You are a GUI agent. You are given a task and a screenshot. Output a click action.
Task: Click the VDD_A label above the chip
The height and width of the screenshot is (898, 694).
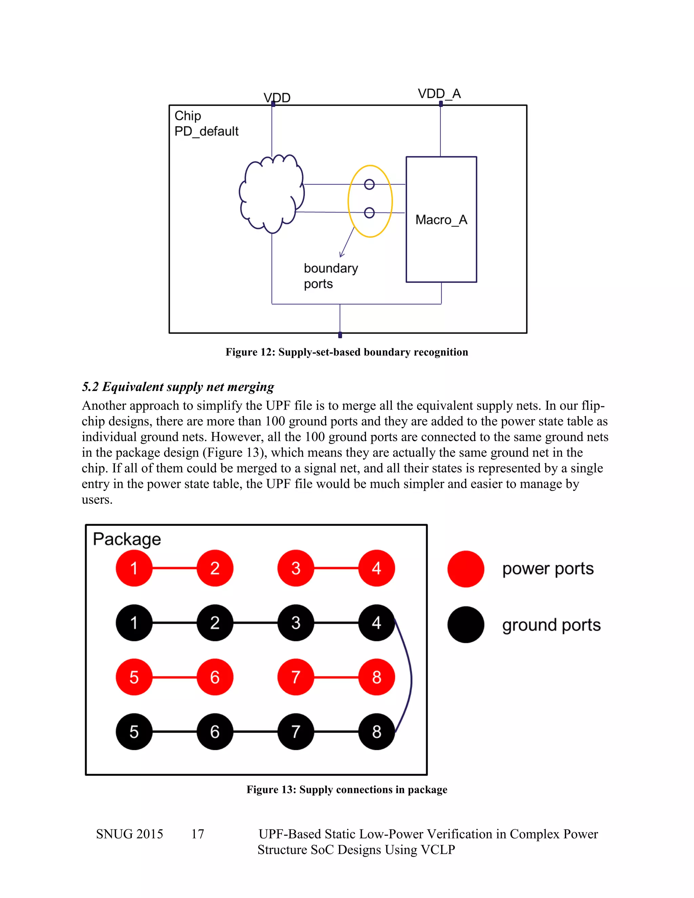439,94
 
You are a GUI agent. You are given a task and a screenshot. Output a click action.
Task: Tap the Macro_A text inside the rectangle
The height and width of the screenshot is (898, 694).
441,220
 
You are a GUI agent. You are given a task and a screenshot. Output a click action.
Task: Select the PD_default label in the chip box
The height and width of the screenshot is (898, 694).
206,131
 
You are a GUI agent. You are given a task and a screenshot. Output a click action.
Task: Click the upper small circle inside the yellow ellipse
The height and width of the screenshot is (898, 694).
369,185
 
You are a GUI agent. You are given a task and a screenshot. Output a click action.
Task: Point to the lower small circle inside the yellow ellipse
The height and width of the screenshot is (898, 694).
369,212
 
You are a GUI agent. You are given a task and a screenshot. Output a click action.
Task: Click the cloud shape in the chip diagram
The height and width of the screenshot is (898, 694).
271,194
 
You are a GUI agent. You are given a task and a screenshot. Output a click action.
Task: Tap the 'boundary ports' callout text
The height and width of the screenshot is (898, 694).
330,276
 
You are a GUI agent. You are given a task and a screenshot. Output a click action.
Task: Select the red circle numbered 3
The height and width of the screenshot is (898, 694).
295,568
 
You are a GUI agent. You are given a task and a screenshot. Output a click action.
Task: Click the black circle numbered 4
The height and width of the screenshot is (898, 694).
376,623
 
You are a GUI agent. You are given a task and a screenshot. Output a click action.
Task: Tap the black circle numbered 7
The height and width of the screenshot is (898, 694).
295,732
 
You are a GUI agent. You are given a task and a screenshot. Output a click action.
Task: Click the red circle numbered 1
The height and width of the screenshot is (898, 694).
134,568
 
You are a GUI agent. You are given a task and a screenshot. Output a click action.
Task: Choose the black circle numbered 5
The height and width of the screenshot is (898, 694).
134,732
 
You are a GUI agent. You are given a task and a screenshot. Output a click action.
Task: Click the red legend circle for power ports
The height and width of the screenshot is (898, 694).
465,569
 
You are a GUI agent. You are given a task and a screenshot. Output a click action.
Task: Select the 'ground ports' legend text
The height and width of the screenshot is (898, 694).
551,625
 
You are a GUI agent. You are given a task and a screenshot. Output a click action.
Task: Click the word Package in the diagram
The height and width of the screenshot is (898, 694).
127,539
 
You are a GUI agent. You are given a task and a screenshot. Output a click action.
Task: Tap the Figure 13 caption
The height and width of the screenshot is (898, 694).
347,790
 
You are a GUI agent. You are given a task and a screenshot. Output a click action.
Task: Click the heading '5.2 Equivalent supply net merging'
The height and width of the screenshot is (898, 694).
178,387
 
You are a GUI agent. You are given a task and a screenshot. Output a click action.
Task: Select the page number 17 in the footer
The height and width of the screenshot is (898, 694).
197,834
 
